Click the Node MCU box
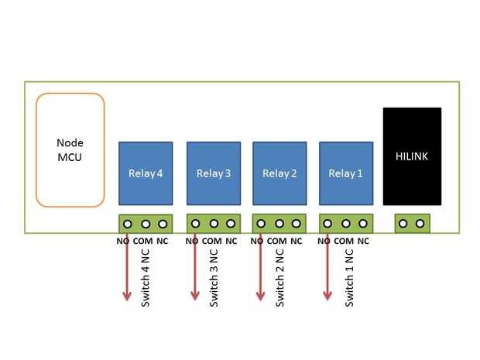[70, 150]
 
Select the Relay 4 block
[146, 173]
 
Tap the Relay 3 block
[213, 173]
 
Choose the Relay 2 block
[279, 173]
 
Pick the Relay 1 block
[345, 173]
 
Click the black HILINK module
[412, 156]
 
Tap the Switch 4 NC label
[146, 277]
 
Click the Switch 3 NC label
[214, 277]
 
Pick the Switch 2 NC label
[280, 277]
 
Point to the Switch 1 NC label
[350, 277]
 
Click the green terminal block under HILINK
[411, 224]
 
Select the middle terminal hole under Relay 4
[145, 224]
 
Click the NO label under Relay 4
[123, 241]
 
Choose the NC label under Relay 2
[296, 241]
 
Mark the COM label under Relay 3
[211, 241]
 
